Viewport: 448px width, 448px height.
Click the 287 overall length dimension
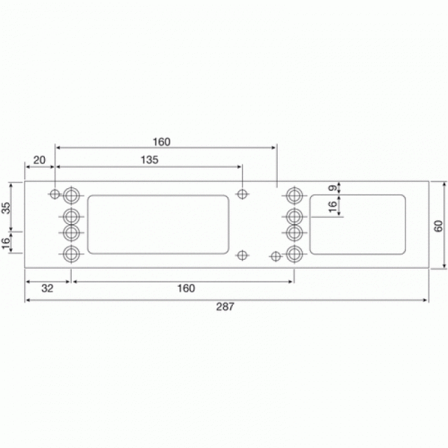click(225, 307)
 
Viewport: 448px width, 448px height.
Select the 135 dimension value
click(149, 159)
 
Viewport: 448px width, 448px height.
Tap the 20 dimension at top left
click(39, 160)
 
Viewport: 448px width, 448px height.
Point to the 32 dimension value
click(47, 288)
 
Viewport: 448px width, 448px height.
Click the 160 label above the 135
click(161, 141)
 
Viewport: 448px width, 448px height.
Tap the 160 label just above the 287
click(185, 288)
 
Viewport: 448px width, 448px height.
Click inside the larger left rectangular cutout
click(158, 224)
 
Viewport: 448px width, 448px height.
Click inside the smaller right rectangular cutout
click(357, 224)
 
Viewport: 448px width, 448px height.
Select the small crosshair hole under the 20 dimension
click(55, 194)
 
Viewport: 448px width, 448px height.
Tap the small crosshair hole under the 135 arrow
click(242, 193)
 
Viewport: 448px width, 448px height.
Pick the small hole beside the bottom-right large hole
click(276, 256)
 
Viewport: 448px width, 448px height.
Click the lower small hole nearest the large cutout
click(242, 255)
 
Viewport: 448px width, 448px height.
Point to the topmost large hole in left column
click(71, 194)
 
